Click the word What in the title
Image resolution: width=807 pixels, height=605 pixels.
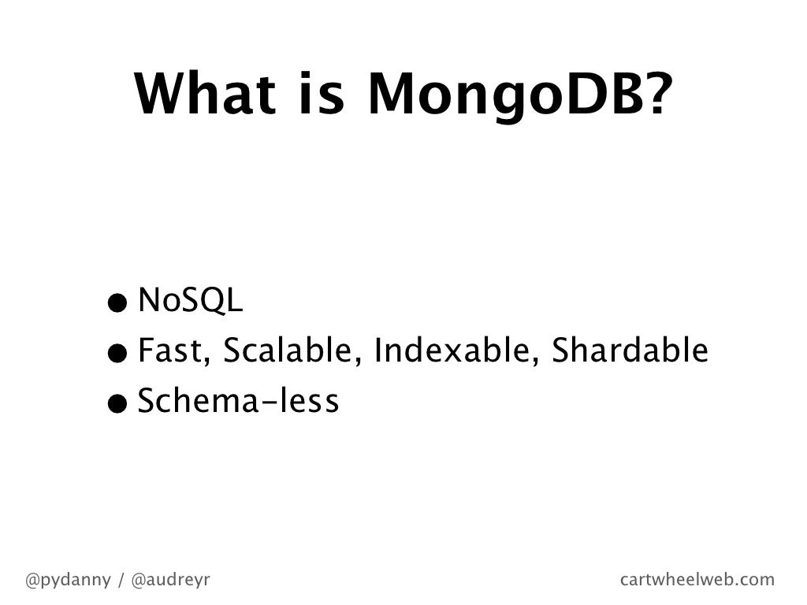[207, 94]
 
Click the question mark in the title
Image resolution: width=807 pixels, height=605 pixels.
[652, 94]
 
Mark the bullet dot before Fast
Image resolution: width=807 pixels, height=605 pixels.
[117, 353]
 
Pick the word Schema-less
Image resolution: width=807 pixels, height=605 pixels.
[238, 402]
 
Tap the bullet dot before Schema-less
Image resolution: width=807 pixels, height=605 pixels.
[117, 404]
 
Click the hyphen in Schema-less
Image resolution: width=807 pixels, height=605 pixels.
[270, 404]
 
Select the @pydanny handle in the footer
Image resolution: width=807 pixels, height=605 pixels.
[68, 581]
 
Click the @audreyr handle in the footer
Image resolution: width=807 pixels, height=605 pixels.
[170, 581]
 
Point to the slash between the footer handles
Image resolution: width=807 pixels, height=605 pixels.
[121, 581]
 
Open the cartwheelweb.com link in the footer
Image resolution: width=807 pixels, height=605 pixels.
[697, 581]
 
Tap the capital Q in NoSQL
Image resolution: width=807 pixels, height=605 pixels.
[212, 302]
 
